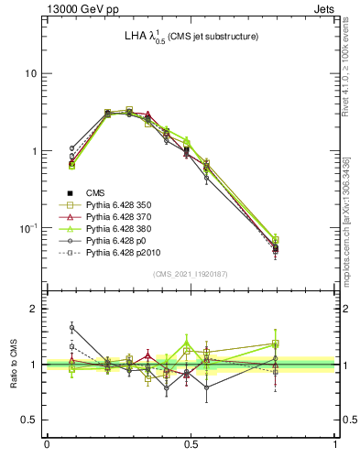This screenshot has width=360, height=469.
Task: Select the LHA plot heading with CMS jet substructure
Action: [x=191, y=36]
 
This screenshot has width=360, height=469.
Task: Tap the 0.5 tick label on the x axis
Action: [x=191, y=444]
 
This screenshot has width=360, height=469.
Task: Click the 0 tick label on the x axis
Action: [x=47, y=444]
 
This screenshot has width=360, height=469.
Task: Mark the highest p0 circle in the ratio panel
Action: [x=71, y=327]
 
